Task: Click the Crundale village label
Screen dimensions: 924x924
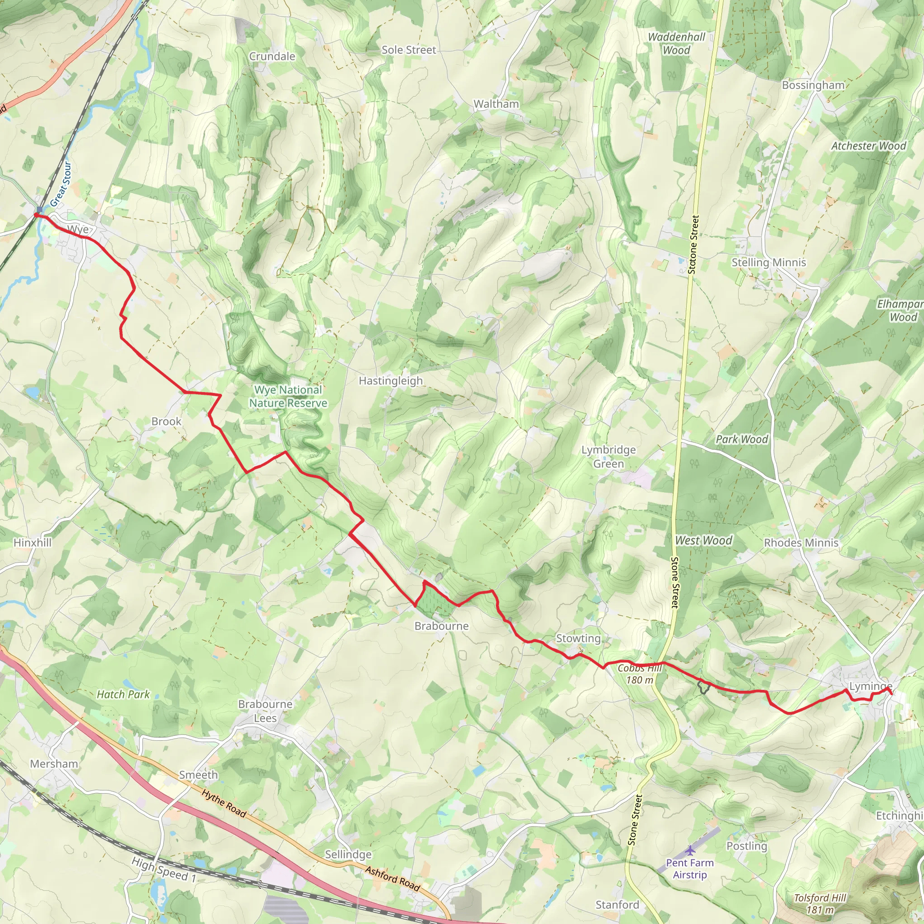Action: [272, 56]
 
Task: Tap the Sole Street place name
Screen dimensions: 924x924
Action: [408, 50]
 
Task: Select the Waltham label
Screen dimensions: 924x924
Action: [496, 104]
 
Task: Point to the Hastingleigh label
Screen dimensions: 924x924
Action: [391, 381]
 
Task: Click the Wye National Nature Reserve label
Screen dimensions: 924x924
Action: [288, 397]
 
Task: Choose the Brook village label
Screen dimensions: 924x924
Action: [166, 421]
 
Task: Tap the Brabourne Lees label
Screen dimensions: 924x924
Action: [265, 711]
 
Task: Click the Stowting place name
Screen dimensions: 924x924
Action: [578, 638]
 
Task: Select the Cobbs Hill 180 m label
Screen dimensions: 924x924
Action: [639, 674]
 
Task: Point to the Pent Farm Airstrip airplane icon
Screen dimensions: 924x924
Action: [690, 850]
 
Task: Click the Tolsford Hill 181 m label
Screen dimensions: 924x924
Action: [820, 903]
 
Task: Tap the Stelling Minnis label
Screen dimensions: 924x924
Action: [768, 262]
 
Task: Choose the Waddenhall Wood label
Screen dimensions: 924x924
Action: [676, 43]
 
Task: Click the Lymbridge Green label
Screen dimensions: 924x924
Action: [608, 457]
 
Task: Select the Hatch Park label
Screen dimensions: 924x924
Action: [123, 694]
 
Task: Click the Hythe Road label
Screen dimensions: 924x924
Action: [223, 804]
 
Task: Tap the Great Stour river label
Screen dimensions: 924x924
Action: [61, 184]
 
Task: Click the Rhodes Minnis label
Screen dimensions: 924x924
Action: [801, 542]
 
